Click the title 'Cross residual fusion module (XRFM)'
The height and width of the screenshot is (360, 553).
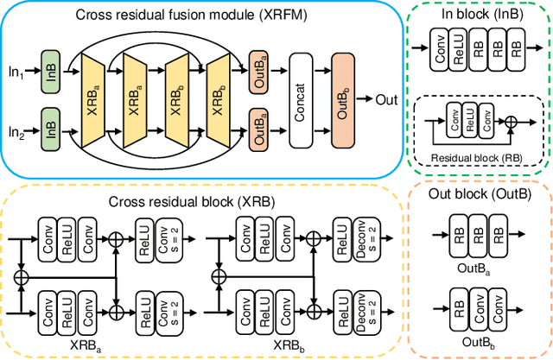[204, 15]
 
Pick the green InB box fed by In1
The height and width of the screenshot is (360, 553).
[49, 69]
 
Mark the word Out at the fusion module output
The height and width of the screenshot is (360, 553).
[386, 99]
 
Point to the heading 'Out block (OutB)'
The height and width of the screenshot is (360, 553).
[480, 193]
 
